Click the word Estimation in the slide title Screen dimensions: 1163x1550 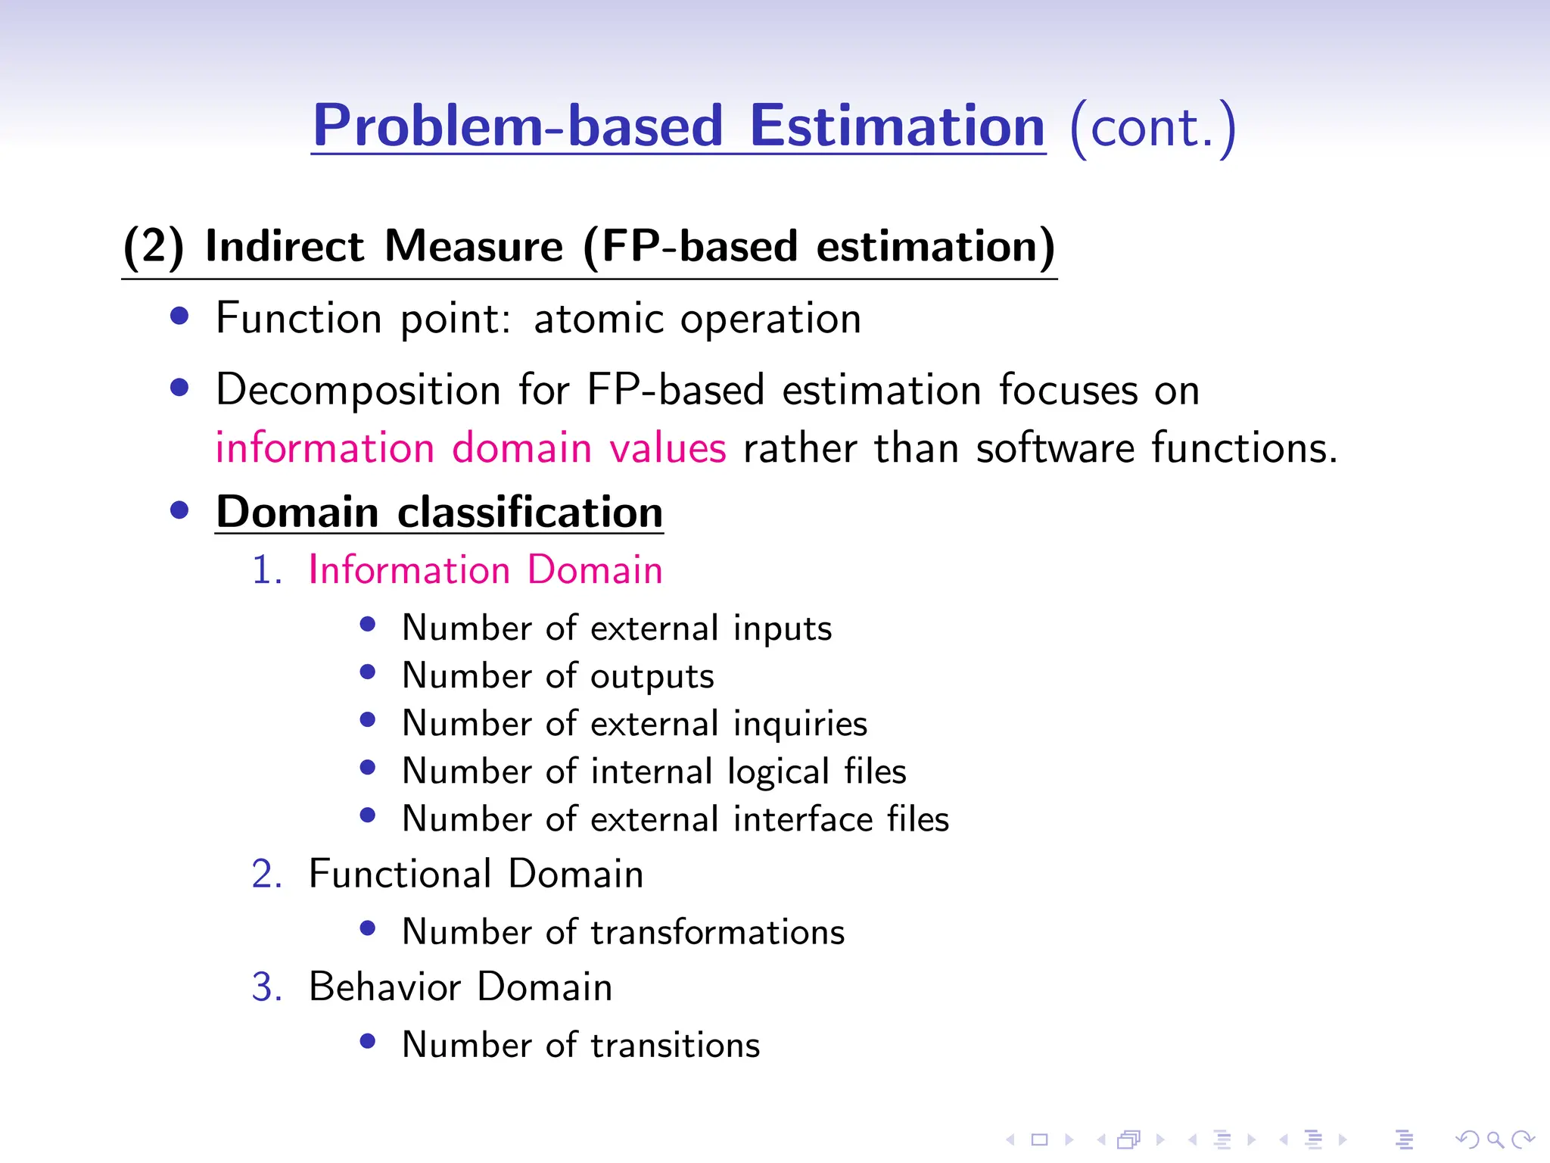coord(897,126)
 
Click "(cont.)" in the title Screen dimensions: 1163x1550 coord(1152,127)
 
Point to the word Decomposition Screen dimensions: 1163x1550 coord(358,391)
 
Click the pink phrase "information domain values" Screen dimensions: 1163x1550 coord(471,447)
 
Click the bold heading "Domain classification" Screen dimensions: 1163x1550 coord(439,512)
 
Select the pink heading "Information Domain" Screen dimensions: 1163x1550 coord(485,569)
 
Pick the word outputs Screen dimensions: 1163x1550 coord(652,677)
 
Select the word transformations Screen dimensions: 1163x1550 coord(717,932)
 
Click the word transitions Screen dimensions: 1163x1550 coord(675,1046)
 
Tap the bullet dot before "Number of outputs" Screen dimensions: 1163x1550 coord(368,672)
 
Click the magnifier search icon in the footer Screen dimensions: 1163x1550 coord(1495,1140)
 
